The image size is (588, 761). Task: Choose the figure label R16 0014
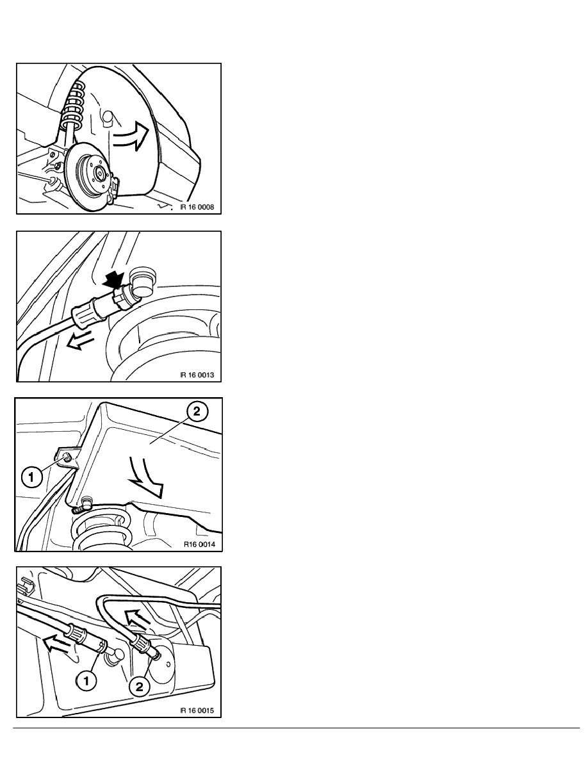tap(192, 544)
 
